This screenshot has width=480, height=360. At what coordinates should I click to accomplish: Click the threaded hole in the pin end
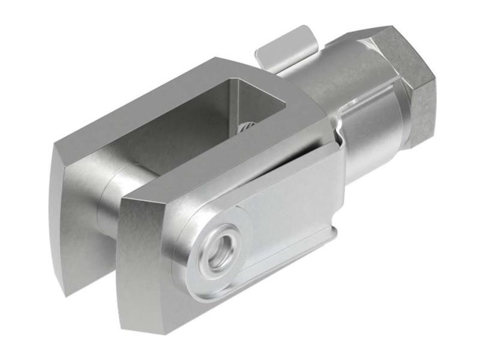point(219,245)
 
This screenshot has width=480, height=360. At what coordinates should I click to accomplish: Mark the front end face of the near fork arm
point(144,258)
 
